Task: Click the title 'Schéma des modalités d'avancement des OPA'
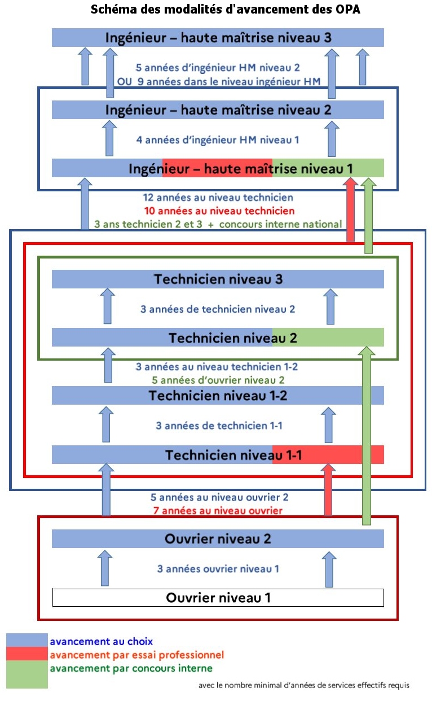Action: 226,10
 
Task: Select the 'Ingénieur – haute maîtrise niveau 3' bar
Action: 218,38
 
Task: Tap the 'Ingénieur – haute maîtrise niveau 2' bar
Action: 218,110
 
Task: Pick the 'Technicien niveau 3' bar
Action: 218,279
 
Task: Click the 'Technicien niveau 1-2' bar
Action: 218,396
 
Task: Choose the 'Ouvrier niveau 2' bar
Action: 218,538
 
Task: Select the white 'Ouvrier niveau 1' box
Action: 218,598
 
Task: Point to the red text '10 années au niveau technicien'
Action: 219,211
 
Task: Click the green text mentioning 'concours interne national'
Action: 218,225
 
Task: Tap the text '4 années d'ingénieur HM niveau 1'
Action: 218,140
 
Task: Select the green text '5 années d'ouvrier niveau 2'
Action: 218,380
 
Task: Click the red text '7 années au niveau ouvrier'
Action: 218,511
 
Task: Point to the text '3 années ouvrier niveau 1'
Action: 218,568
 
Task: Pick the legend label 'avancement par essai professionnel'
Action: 137,655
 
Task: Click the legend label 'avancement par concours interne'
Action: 131,668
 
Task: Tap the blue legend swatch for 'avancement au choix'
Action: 27,640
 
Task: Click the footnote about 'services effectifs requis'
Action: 304,685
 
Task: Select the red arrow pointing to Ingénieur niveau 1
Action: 351,209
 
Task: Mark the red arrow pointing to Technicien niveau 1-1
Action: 328,489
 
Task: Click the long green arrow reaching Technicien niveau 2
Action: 367,436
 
